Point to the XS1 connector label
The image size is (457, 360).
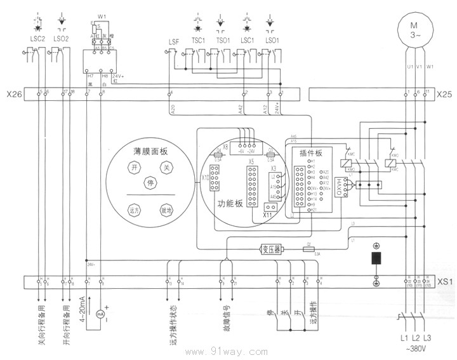pyautogui.click(x=444, y=280)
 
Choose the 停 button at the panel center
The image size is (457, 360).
pyautogui.click(x=150, y=182)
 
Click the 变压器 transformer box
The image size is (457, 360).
pyautogui.click(x=273, y=250)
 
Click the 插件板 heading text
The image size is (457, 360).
pyautogui.click(x=311, y=153)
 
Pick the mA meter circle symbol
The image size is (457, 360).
pyautogui.click(x=100, y=314)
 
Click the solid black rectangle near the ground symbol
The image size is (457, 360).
pyautogui.click(x=376, y=259)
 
